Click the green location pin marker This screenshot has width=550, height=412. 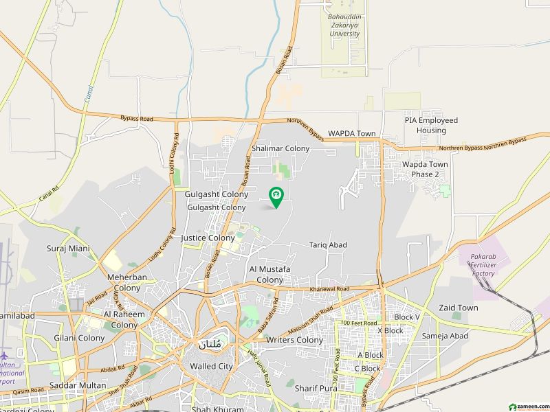(x=276, y=198)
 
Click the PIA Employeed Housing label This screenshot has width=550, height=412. (x=431, y=125)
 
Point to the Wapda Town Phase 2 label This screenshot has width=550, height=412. (x=425, y=169)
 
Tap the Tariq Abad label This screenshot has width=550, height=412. (x=328, y=245)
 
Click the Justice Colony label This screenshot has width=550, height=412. (x=207, y=238)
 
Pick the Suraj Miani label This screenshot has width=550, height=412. (x=68, y=248)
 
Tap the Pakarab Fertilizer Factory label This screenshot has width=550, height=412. (x=483, y=265)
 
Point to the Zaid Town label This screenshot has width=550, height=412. (x=458, y=308)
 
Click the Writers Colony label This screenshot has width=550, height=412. (x=294, y=340)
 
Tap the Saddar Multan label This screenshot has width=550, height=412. (x=77, y=385)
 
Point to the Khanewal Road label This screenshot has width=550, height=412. (x=329, y=289)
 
